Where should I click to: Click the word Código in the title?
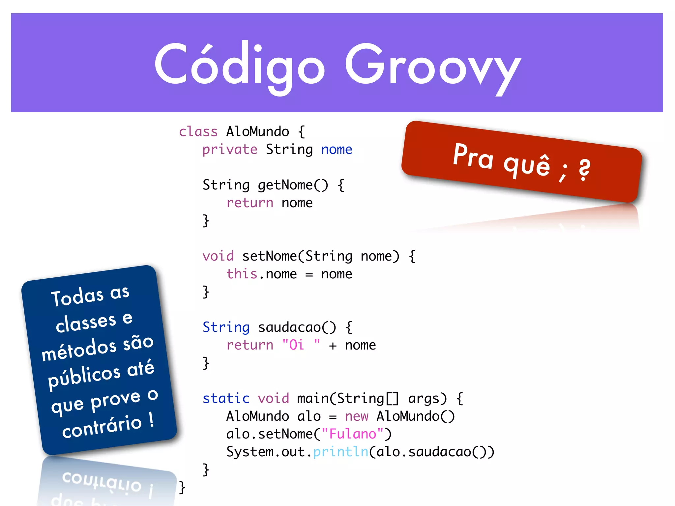pos(240,64)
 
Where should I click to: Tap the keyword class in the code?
pos(198,131)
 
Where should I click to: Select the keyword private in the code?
pos(230,149)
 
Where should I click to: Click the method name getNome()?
pos(293,185)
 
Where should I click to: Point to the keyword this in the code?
pos(242,274)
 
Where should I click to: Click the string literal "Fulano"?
pos(352,434)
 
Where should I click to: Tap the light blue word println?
pos(340,452)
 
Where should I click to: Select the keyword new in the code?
pos(356,416)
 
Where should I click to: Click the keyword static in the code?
pos(226,398)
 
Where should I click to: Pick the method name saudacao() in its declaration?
pos(297,327)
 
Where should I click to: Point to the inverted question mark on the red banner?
pos(584,169)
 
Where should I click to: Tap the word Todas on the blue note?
pos(77,296)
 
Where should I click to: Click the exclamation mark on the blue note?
pos(151,419)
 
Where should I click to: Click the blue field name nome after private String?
pos(337,149)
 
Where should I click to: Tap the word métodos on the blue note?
pos(79,350)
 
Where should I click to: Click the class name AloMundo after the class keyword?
pos(257,131)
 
